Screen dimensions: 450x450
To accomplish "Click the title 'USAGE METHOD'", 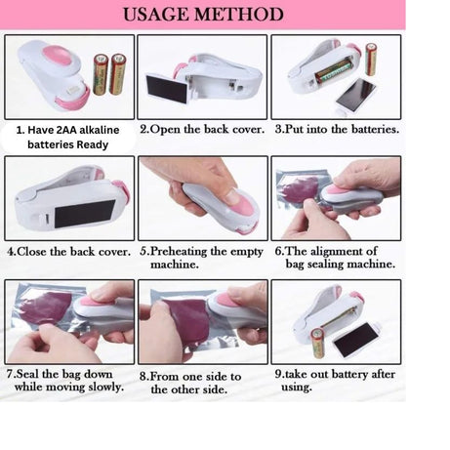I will click(x=203, y=15).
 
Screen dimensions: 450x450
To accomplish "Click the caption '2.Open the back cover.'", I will click(x=201, y=129).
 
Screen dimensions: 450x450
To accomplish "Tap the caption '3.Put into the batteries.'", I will click(x=336, y=129).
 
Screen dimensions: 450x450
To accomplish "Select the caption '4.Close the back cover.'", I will click(x=68, y=251).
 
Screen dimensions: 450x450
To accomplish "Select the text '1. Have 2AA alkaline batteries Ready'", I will click(x=67, y=136).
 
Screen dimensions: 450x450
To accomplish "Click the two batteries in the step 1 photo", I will click(x=108, y=73).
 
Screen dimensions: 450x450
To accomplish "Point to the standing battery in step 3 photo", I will click(x=371, y=60).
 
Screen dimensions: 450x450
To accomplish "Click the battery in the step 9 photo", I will click(x=317, y=345).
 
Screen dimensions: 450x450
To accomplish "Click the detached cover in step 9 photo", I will click(x=355, y=339).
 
